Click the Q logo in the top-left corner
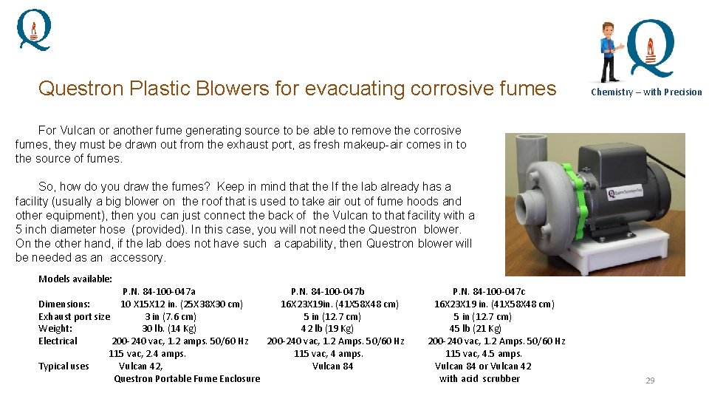[x=34, y=29]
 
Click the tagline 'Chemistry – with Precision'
[x=646, y=92]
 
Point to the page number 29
[x=650, y=381]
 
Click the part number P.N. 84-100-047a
[x=159, y=292]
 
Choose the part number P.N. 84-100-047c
[x=489, y=292]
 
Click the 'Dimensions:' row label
[x=64, y=304]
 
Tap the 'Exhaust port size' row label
[x=74, y=317]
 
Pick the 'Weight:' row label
[x=55, y=329]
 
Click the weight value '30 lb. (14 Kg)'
[x=169, y=329]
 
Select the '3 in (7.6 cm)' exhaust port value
[x=171, y=317]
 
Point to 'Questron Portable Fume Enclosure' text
[x=187, y=379]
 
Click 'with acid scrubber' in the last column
[x=479, y=379]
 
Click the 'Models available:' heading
[x=75, y=279]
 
